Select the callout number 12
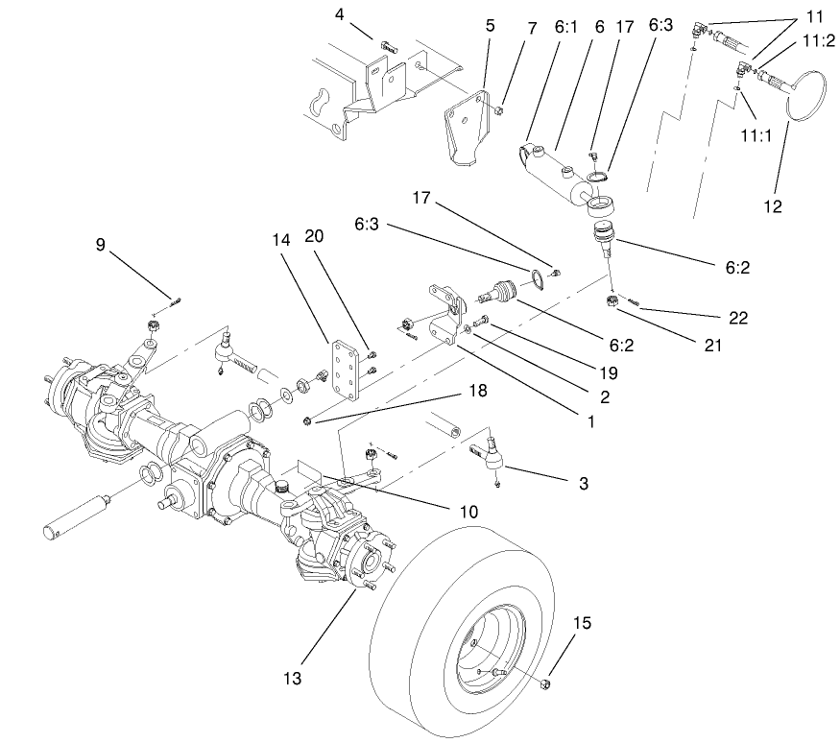[x=774, y=206]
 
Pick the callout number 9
[x=101, y=245]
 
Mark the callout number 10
[x=468, y=512]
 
